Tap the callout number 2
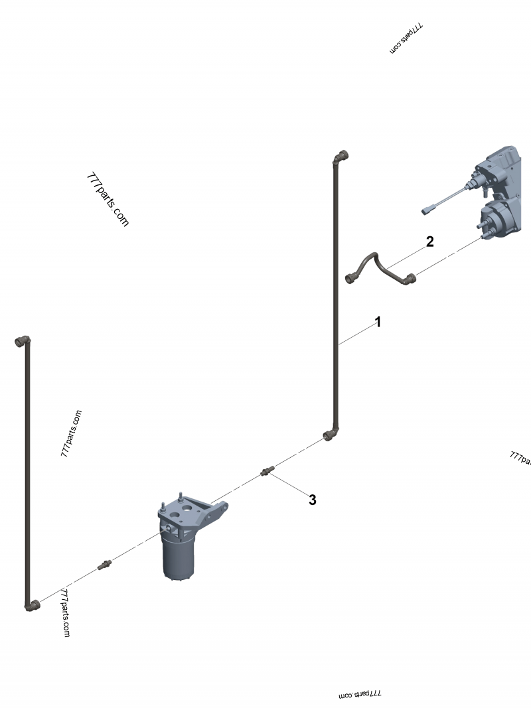pyautogui.click(x=429, y=242)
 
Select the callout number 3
pyautogui.click(x=312, y=500)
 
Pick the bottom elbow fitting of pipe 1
pyautogui.click(x=330, y=435)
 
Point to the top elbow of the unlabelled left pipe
pyautogui.click(x=23, y=341)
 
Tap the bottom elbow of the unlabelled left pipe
pyautogui.click(x=32, y=604)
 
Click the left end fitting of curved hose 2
pyautogui.click(x=352, y=277)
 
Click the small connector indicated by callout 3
pyautogui.click(x=267, y=471)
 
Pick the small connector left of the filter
pyautogui.click(x=104, y=565)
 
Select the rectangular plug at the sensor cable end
pyautogui.click(x=427, y=211)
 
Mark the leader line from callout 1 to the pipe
pyautogui.click(x=355, y=334)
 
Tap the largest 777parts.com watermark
pyautogui.click(x=107, y=200)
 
